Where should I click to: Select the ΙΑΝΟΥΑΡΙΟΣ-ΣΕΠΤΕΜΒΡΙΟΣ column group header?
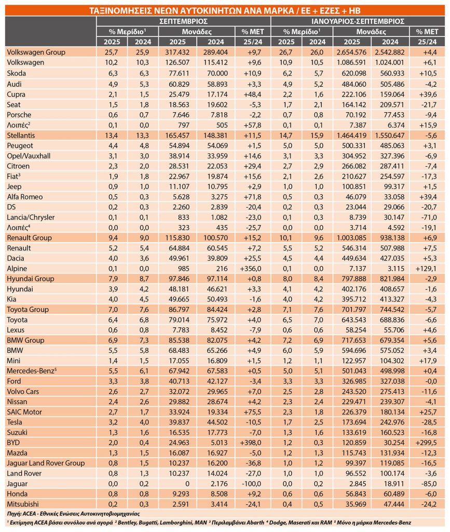point(358,21)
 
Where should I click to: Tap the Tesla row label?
point(16,422)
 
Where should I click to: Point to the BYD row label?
point(15,443)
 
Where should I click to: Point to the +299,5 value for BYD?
point(426,443)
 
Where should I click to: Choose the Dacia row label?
point(16,258)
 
